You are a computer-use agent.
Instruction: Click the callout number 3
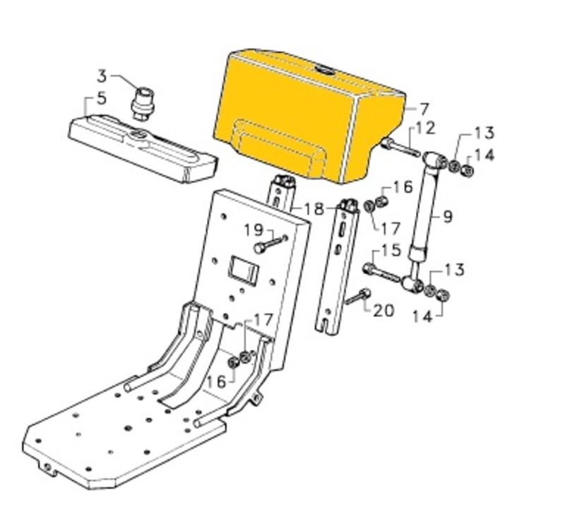[102, 76]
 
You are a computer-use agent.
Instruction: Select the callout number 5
[102, 98]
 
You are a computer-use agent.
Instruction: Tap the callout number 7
[424, 109]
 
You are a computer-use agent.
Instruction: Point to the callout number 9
[447, 217]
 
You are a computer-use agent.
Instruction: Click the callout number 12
[426, 129]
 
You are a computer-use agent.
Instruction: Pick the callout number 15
[391, 250]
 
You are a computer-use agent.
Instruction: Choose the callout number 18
[314, 209]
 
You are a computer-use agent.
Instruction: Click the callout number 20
[383, 310]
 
